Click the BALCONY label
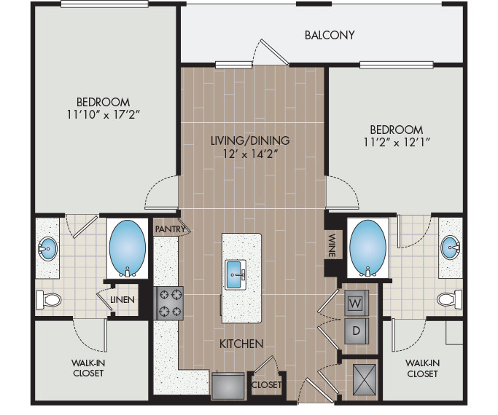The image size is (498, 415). tap(330, 35)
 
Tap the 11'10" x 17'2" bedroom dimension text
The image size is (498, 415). tap(103, 114)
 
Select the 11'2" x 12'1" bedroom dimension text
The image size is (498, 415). tap(394, 142)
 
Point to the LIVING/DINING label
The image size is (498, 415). tap(251, 141)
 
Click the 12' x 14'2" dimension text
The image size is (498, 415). tap(251, 154)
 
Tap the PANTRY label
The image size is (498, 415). tap(170, 229)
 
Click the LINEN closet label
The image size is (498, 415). tap(121, 300)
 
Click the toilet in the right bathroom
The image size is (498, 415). tap(448, 299)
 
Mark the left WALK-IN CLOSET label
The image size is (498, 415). tap(87, 368)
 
